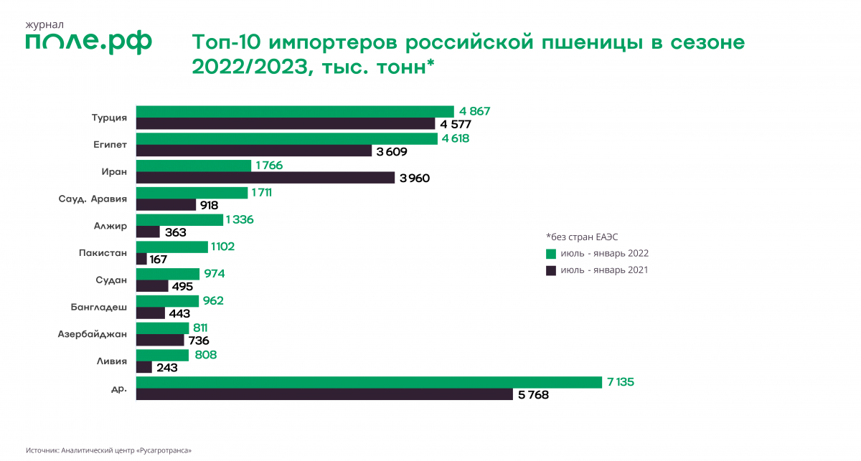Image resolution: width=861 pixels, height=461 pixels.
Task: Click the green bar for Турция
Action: (x=294, y=111)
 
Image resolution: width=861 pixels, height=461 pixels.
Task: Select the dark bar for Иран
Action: (x=265, y=178)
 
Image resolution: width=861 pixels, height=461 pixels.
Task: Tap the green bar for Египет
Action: (x=286, y=138)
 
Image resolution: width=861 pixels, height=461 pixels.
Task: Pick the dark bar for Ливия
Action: (x=143, y=367)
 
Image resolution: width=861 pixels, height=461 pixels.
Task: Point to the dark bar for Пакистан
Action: (x=141, y=259)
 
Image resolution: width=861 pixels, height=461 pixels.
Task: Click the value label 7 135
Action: (x=621, y=382)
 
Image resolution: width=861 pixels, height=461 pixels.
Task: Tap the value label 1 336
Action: (x=240, y=219)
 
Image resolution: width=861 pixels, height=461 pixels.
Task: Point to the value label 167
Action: (x=159, y=259)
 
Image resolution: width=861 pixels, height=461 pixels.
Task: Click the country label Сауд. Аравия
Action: (x=93, y=199)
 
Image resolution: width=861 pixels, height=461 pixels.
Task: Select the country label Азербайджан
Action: (x=93, y=333)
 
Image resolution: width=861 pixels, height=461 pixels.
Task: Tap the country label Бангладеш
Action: (x=99, y=307)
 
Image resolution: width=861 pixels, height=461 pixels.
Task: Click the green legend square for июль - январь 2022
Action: (x=551, y=254)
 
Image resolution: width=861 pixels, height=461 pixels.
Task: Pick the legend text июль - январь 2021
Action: (x=604, y=270)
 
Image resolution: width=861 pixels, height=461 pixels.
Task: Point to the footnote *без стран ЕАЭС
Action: (x=581, y=237)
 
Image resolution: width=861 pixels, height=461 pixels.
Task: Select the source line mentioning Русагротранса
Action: (x=108, y=450)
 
